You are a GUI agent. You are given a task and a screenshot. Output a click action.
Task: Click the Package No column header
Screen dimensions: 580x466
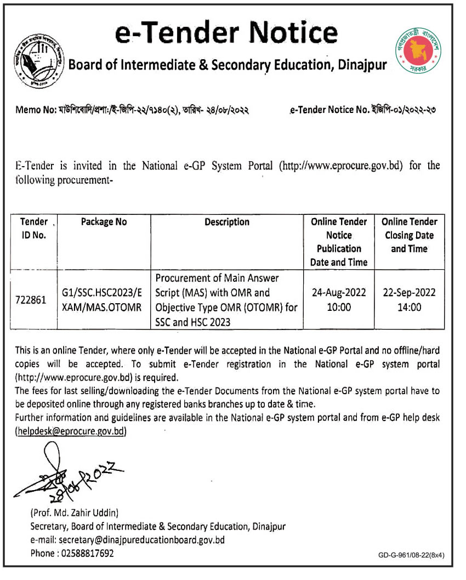[x=104, y=222]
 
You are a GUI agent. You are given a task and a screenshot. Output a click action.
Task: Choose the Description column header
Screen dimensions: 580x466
[x=227, y=222]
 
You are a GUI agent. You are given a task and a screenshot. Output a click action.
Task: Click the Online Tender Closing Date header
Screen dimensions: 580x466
[x=410, y=235]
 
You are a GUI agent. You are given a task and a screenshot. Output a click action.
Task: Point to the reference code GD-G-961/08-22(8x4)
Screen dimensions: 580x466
[x=411, y=555]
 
